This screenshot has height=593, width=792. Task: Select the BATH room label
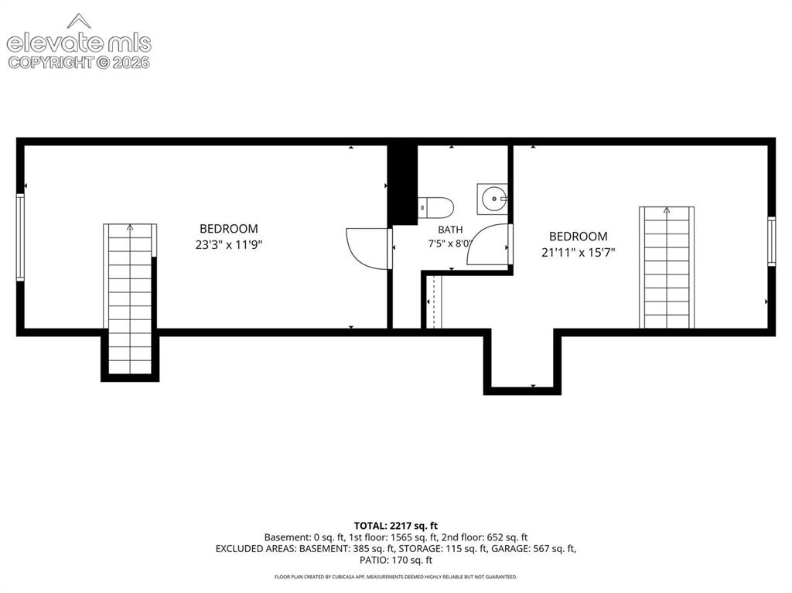tap(450, 230)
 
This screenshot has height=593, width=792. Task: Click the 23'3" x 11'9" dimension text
tap(229, 245)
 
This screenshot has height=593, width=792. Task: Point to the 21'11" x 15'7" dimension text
tap(578, 253)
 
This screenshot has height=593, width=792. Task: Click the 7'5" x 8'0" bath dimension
tap(449, 244)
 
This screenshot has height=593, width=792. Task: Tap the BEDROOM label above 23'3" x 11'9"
tap(229, 229)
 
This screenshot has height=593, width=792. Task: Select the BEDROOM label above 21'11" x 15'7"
tap(578, 237)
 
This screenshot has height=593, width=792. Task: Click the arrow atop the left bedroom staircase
tap(130, 228)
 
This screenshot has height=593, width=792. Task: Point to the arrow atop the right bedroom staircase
tap(667, 210)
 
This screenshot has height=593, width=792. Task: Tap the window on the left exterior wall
tap(20, 237)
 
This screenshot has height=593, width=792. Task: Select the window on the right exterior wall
tap(771, 241)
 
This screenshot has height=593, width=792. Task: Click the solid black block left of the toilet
tap(402, 185)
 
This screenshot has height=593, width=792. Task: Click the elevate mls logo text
tap(79, 43)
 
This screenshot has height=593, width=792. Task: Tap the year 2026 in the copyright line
tap(131, 63)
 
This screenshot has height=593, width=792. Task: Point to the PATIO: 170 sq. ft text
tap(395, 561)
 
